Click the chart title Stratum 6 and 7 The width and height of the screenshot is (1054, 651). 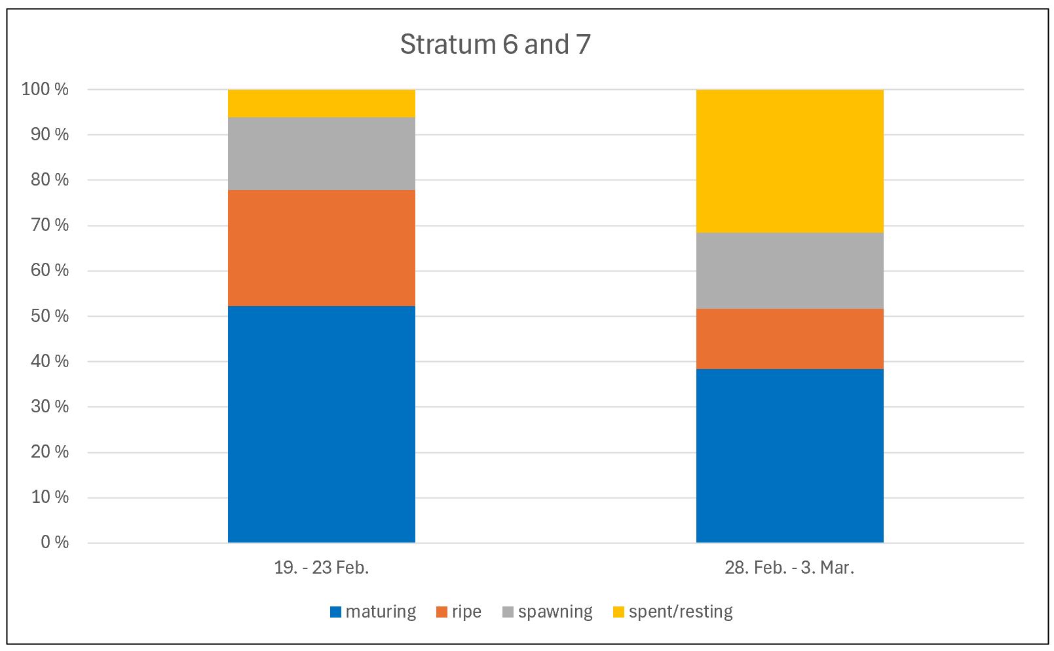495,45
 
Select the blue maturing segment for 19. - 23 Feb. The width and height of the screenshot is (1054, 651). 321,424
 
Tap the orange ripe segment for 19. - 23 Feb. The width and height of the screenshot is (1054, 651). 321,248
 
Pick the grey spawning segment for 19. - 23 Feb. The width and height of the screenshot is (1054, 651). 321,153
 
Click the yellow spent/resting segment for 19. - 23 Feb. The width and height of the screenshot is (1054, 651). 321,103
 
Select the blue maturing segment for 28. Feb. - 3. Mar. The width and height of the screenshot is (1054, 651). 789,456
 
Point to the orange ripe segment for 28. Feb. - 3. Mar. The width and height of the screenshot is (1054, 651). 789,339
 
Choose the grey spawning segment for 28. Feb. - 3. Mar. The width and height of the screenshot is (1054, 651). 789,271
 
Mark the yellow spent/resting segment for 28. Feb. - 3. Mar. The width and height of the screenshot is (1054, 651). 789,161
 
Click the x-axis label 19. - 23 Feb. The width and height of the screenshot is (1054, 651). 321,568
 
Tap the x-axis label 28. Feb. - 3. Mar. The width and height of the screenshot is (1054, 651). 789,568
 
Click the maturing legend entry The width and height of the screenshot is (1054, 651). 373,612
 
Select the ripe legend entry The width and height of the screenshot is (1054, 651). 459,612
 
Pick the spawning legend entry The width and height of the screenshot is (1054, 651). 548,612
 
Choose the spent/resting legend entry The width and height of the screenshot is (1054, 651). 673,612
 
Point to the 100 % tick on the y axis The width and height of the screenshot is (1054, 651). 45,89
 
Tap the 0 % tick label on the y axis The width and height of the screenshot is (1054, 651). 54,542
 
